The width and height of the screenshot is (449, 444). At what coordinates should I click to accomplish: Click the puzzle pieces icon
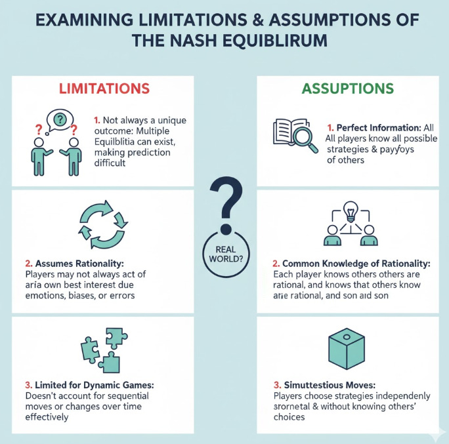tap(100, 349)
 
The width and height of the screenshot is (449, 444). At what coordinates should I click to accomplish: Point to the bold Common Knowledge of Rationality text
tap(351, 263)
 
